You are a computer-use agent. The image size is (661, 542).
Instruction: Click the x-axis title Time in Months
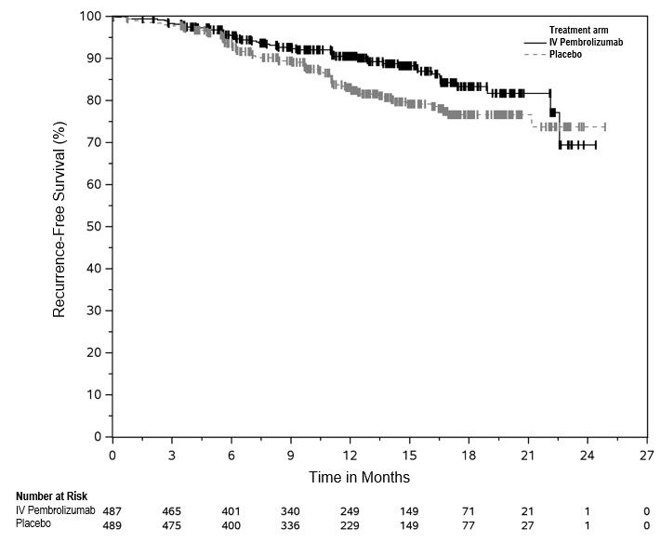360,477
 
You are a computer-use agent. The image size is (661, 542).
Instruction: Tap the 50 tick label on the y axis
94,227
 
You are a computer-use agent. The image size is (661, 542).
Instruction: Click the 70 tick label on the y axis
94,142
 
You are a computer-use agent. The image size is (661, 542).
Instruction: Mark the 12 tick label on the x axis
350,456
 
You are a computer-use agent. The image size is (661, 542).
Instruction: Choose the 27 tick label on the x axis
646,456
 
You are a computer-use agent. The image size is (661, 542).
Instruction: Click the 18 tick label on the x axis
469,456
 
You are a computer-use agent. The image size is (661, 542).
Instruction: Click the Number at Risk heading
51,496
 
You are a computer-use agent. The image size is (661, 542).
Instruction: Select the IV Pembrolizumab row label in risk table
55,510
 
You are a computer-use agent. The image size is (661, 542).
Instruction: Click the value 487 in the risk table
112,511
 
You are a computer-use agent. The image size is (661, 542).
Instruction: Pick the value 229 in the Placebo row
350,525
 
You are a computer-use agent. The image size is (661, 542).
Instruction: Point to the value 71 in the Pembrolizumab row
469,511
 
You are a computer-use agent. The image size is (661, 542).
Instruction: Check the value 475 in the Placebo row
172,525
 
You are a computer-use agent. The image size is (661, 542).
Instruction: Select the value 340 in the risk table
290,511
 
